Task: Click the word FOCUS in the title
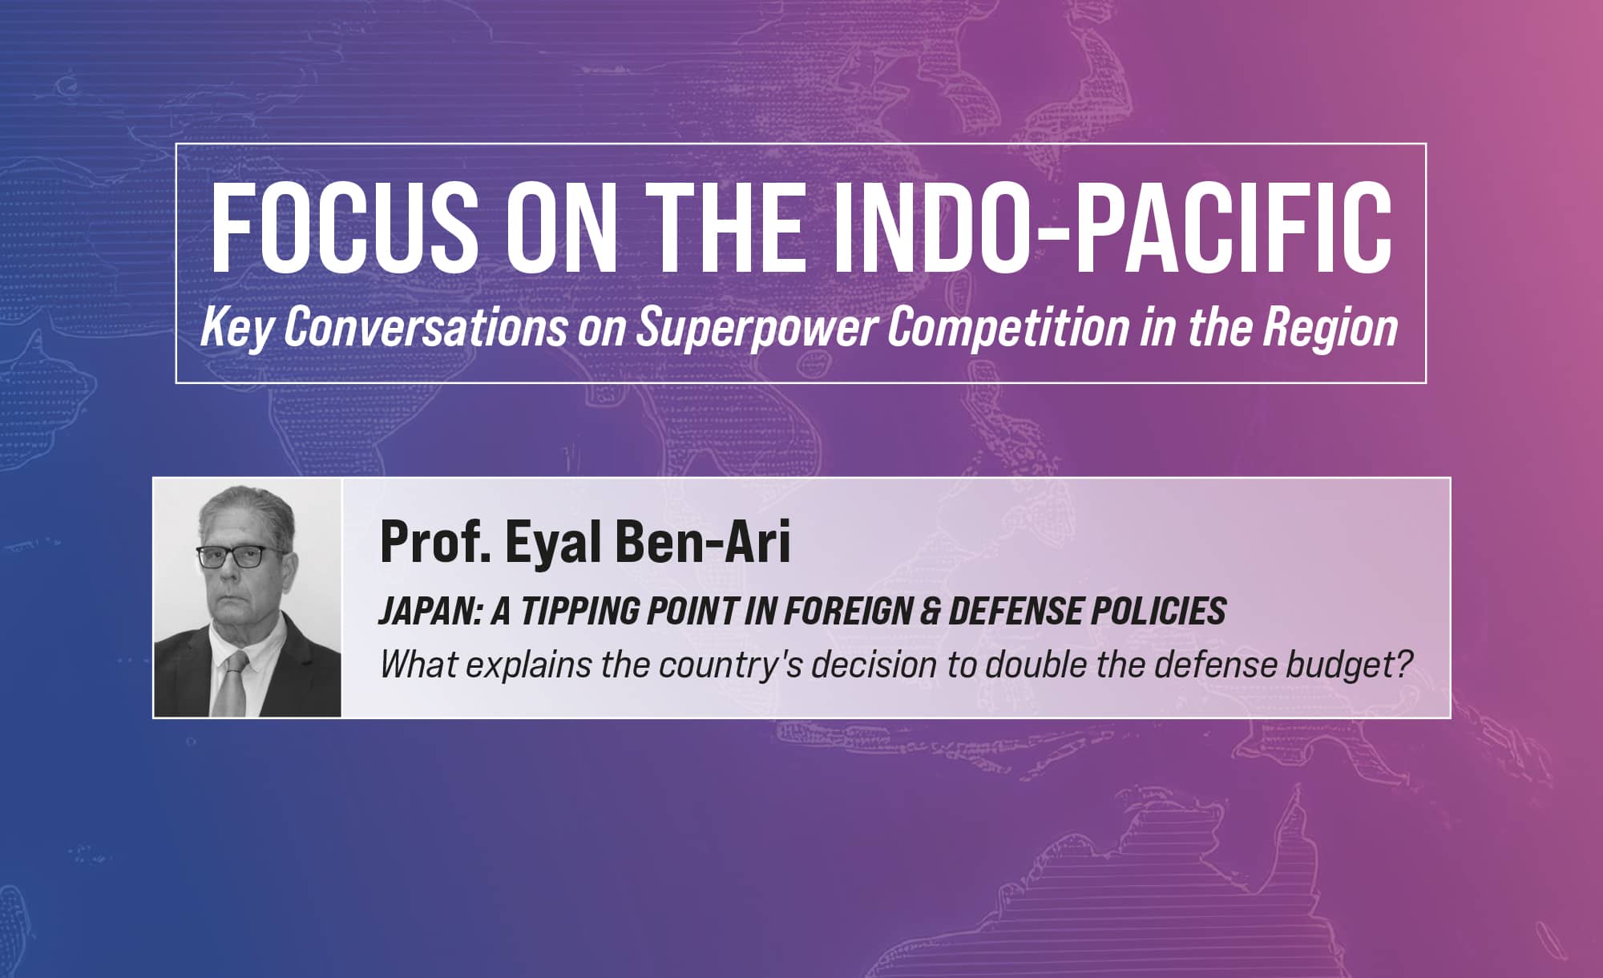(344, 228)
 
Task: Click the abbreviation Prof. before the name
(435, 541)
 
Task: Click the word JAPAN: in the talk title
(429, 611)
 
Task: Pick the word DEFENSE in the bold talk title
(1013, 611)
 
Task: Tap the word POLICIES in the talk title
(1157, 611)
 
